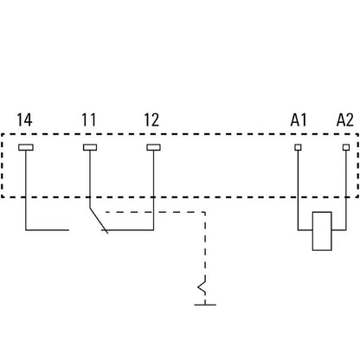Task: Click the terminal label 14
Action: coord(24,120)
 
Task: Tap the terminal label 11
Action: coord(88,120)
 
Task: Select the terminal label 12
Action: coord(151,120)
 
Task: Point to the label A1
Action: coord(299,120)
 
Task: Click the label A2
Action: coord(345,120)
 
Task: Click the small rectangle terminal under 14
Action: coord(26,147)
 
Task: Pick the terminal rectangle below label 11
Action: coord(90,147)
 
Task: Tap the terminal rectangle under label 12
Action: coord(153,147)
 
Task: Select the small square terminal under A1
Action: coord(298,147)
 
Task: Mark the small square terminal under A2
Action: coord(346,147)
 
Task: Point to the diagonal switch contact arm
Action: coord(99,220)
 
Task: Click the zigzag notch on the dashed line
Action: coord(202,286)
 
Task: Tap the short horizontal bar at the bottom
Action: coord(205,305)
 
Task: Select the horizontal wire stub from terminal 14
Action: coord(48,230)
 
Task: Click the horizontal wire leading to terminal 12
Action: coord(127,230)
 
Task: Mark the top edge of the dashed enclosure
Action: coord(180,134)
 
